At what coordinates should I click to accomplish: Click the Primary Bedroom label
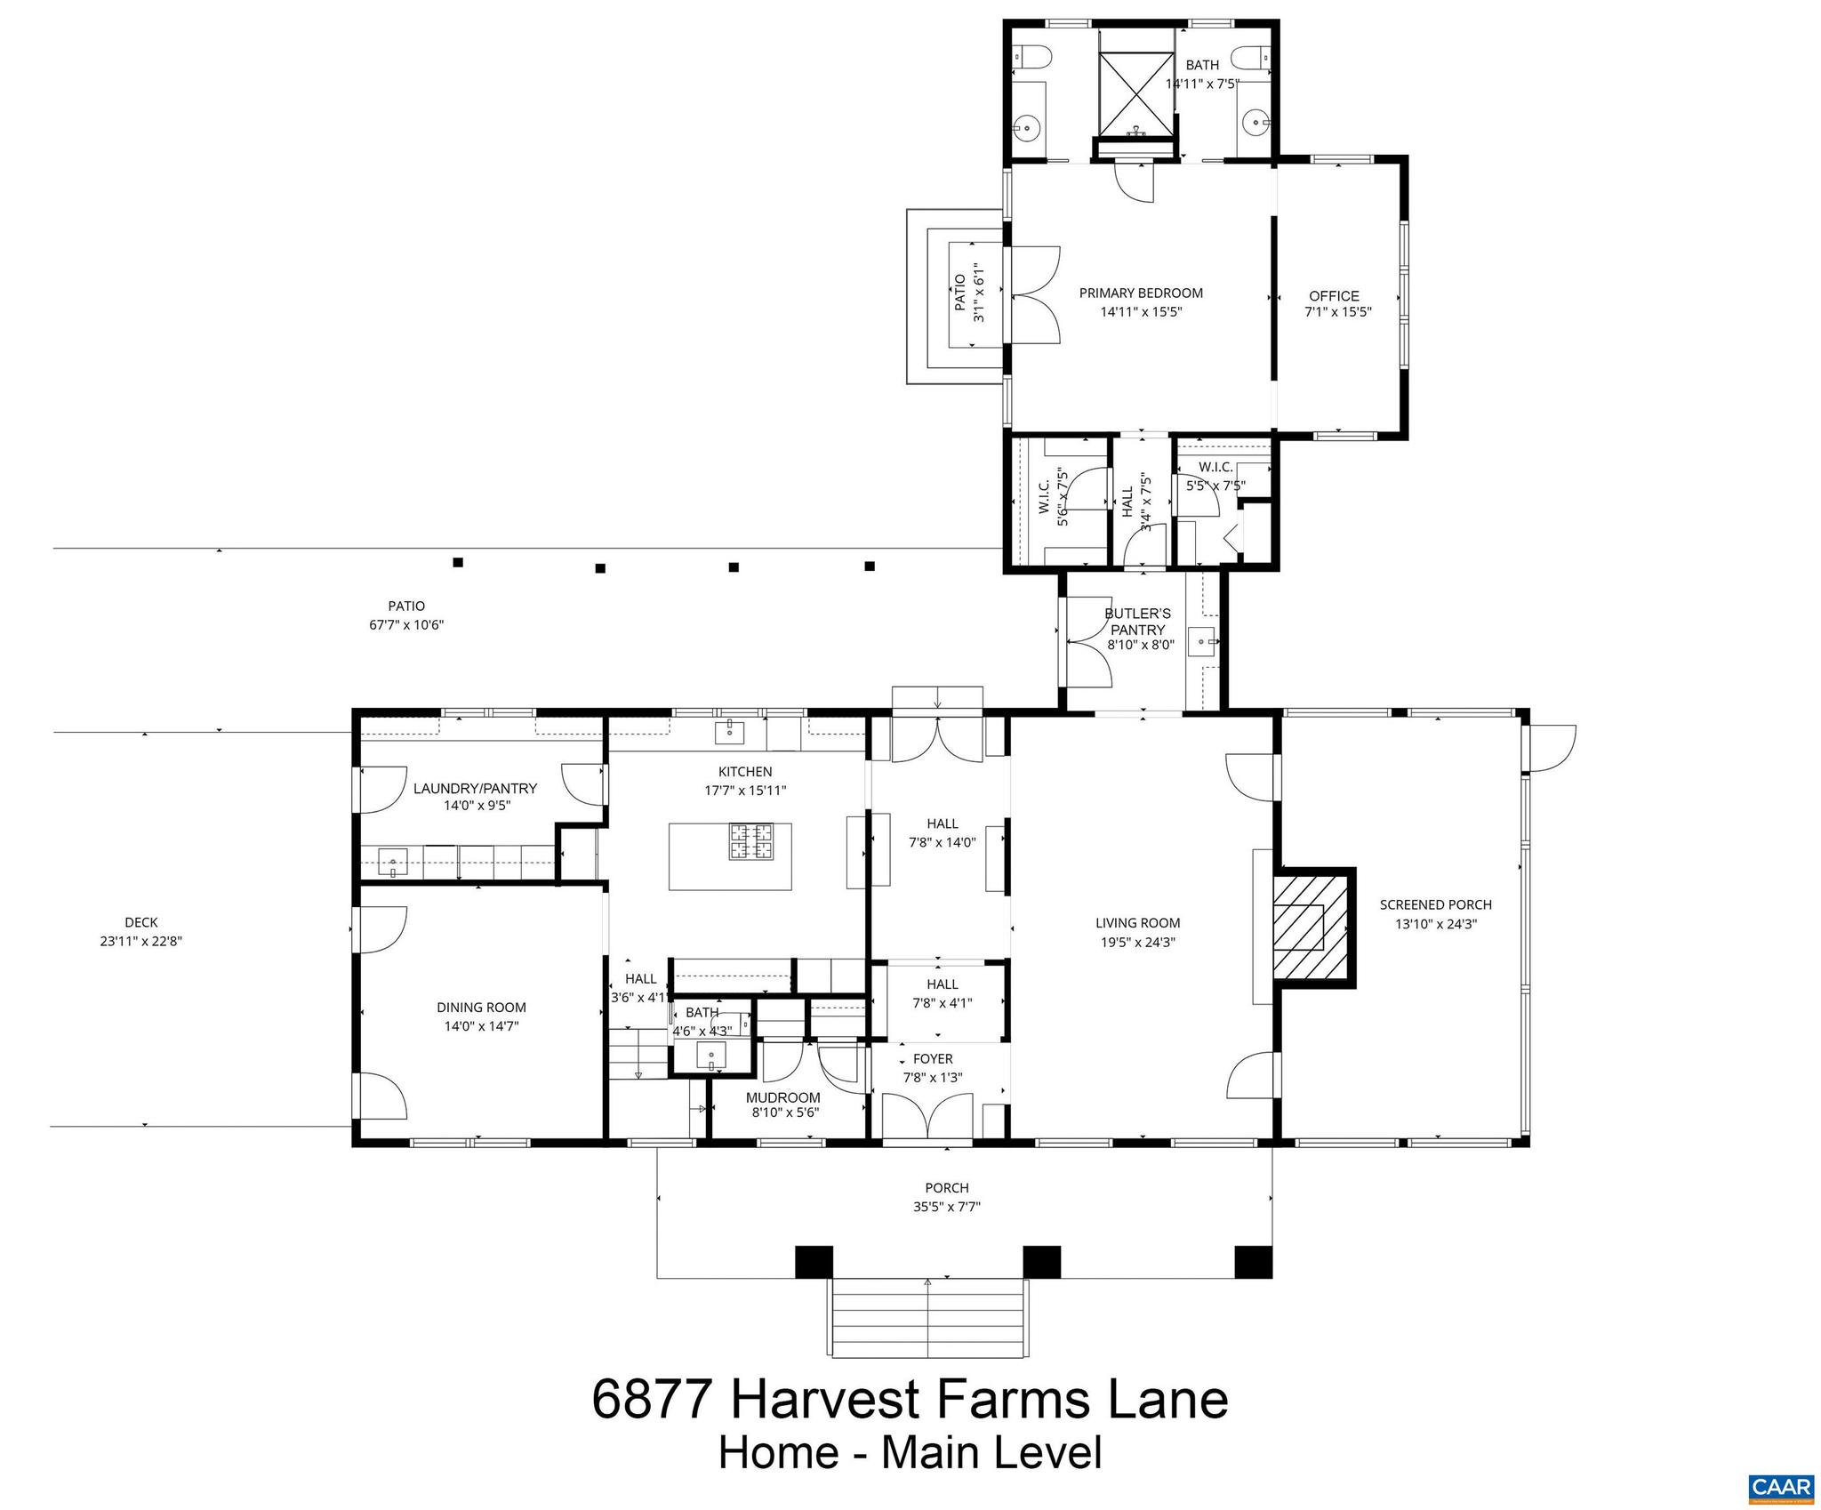pos(1141,293)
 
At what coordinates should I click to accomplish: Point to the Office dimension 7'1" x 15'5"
pos(1338,312)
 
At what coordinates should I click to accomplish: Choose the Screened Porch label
pos(1435,904)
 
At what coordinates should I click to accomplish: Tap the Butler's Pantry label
pos(1137,622)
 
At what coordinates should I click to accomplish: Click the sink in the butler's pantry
pos(1203,639)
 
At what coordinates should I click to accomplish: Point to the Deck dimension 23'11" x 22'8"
pos(141,942)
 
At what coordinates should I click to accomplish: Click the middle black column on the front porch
pos(1041,1262)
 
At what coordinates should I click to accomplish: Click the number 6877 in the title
pos(652,1399)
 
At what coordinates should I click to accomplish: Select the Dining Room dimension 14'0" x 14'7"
pos(481,1026)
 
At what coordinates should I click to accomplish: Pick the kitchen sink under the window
pos(729,733)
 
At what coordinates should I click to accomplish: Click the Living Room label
pos(1137,923)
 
